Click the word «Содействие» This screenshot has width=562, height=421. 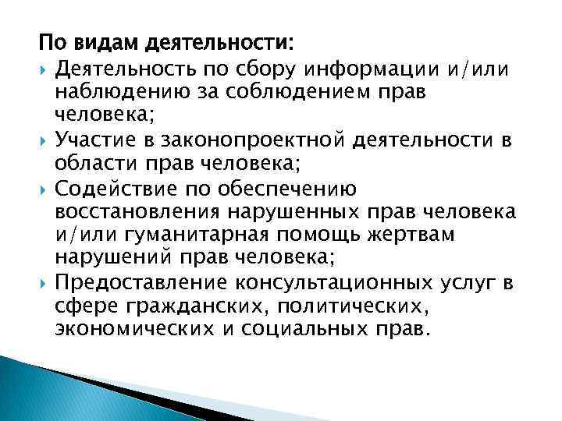pos(112,188)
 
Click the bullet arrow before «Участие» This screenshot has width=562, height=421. pos(44,141)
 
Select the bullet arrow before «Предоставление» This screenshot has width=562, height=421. pos(44,282)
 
